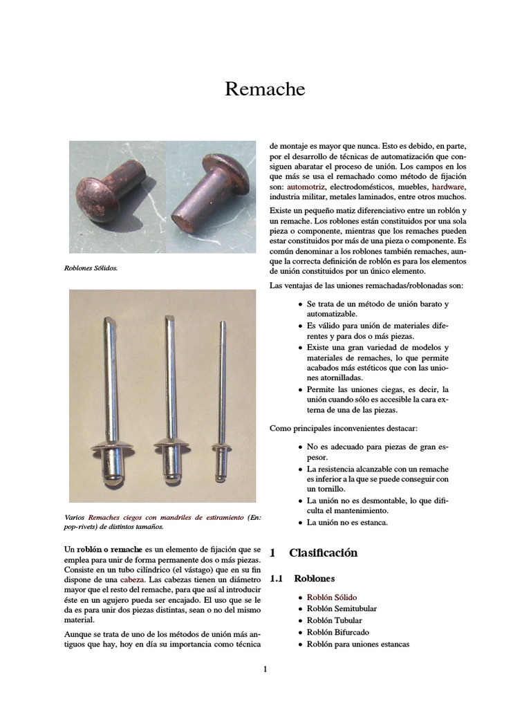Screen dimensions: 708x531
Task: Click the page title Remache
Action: pyautogui.click(x=265, y=90)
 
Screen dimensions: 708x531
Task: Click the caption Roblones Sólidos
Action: pyautogui.click(x=93, y=268)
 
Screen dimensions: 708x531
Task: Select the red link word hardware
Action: pyautogui.click(x=449, y=187)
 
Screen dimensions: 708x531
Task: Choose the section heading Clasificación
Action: pyautogui.click(x=323, y=552)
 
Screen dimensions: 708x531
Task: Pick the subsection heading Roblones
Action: pyautogui.click(x=314, y=578)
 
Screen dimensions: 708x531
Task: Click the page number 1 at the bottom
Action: pyautogui.click(x=265, y=669)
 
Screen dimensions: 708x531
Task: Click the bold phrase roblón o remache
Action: pyautogui.click(x=109, y=548)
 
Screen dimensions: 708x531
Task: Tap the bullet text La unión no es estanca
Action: pyautogui.click(x=347, y=522)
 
